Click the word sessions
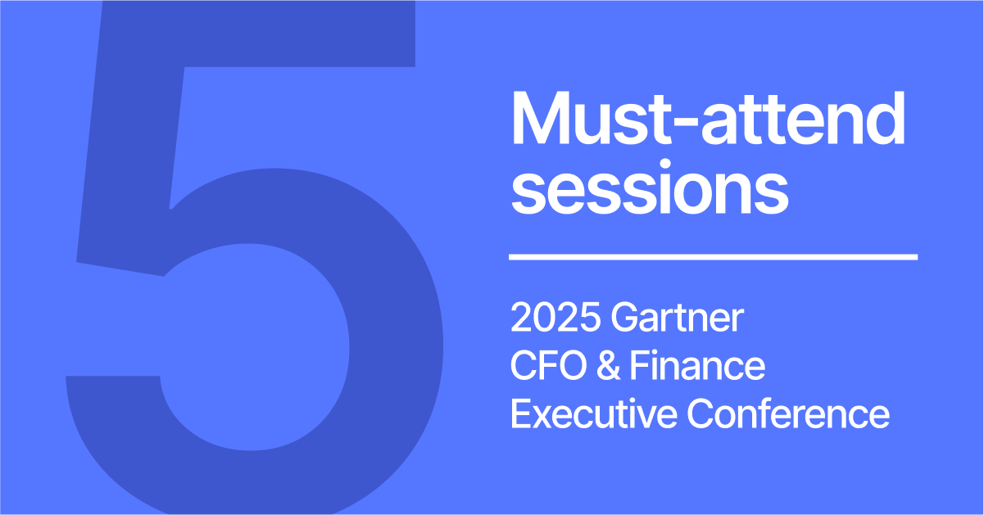pyautogui.click(x=649, y=190)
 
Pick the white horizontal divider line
pyautogui.click(x=713, y=257)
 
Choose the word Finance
pyautogui.click(x=697, y=366)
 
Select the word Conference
pyautogui.click(x=788, y=413)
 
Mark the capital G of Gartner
pyautogui.click(x=622, y=318)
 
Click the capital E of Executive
pyautogui.click(x=519, y=413)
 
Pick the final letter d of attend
pyautogui.click(x=885, y=120)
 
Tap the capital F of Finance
pyautogui.click(x=637, y=366)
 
